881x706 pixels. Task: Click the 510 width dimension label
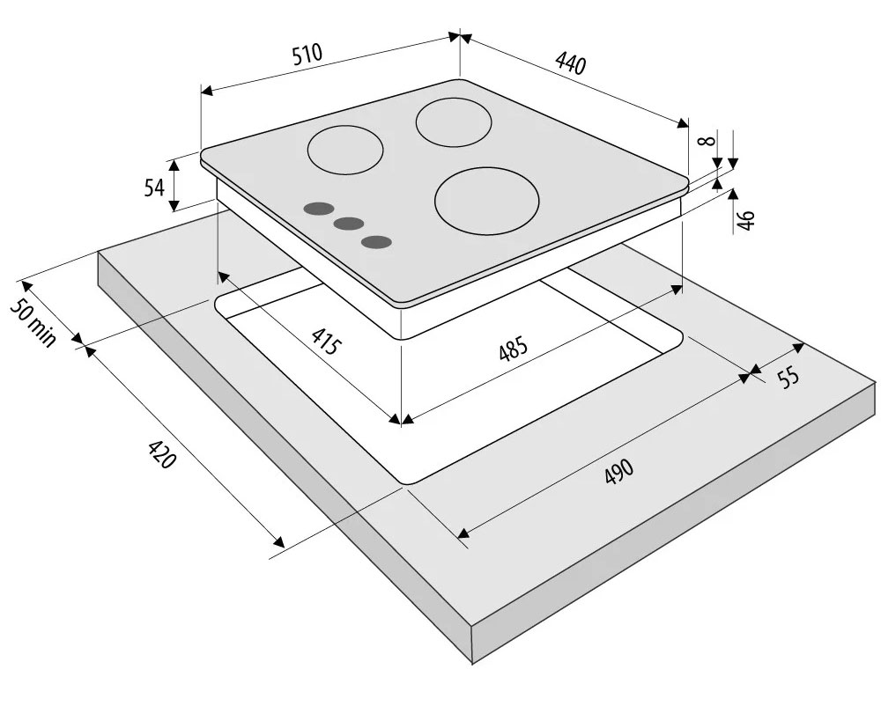[307, 54]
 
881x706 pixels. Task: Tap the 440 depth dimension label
[571, 63]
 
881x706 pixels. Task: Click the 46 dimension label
[745, 219]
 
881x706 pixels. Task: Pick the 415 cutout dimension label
[326, 340]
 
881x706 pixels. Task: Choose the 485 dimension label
[514, 348]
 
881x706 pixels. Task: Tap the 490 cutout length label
[619, 471]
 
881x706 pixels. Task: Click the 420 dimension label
[162, 454]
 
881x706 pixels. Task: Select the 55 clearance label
[788, 377]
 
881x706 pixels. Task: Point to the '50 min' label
[33, 320]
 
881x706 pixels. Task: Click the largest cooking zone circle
[486, 202]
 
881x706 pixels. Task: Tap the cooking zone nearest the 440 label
[454, 121]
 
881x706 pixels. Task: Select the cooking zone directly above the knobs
[345, 151]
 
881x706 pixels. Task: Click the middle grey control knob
[348, 224]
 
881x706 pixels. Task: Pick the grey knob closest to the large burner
[376, 242]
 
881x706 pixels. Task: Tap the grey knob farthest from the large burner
[318, 209]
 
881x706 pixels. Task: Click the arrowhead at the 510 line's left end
[206, 91]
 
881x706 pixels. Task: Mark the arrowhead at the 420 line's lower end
[278, 541]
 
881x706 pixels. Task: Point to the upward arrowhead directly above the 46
[733, 195]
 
